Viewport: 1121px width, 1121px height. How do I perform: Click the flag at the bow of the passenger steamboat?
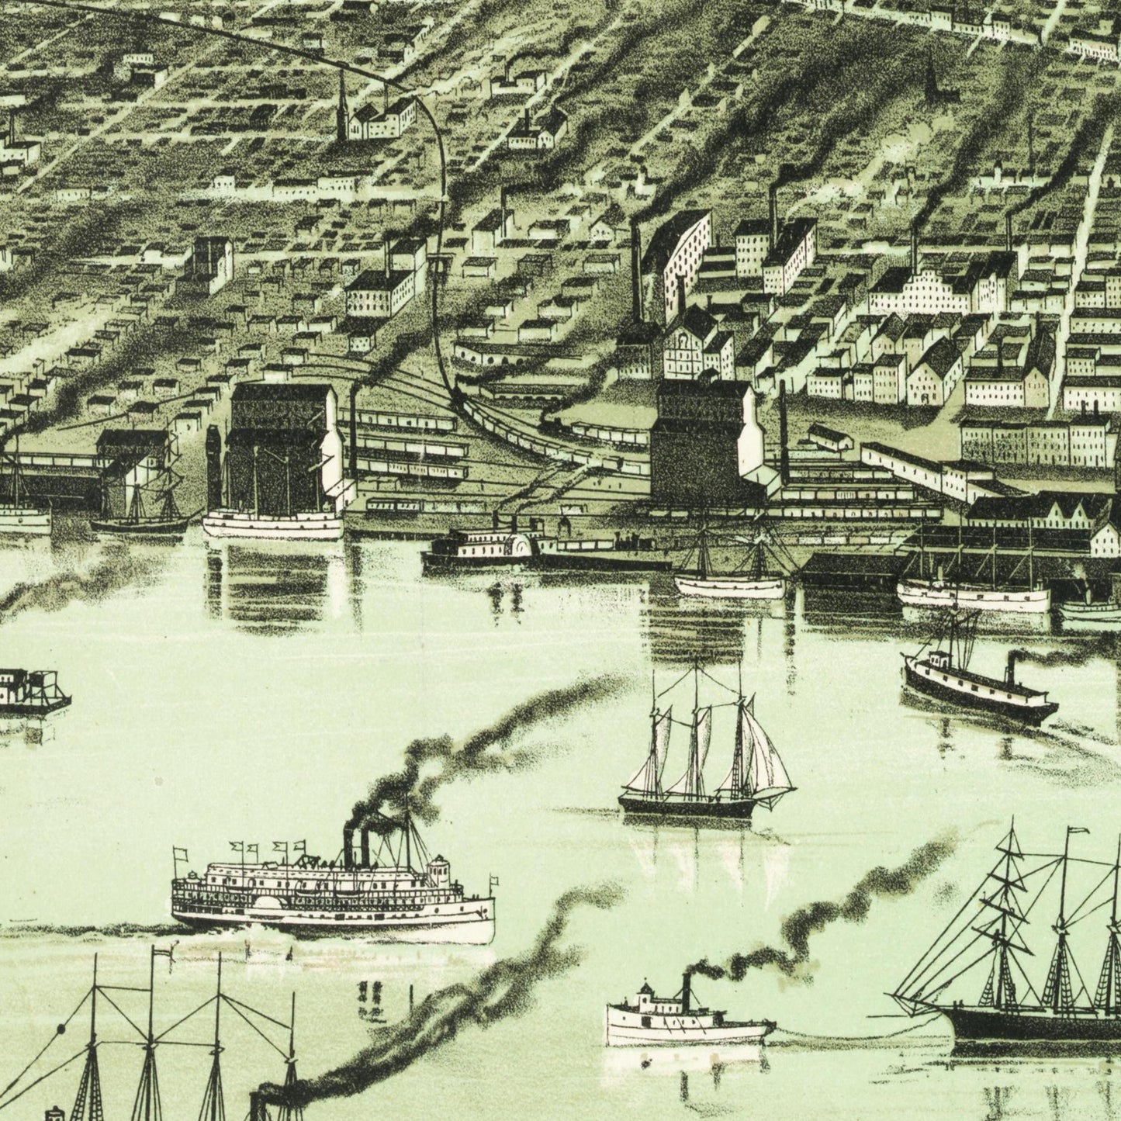pos(493,881)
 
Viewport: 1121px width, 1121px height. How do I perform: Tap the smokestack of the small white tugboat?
pos(686,990)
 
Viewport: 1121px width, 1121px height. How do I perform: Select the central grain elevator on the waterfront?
pos(698,442)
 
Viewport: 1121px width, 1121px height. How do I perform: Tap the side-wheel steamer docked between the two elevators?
pos(489,547)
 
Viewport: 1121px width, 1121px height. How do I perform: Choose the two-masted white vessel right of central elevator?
pos(729,578)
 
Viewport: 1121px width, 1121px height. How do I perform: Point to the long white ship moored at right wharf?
pos(974,593)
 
